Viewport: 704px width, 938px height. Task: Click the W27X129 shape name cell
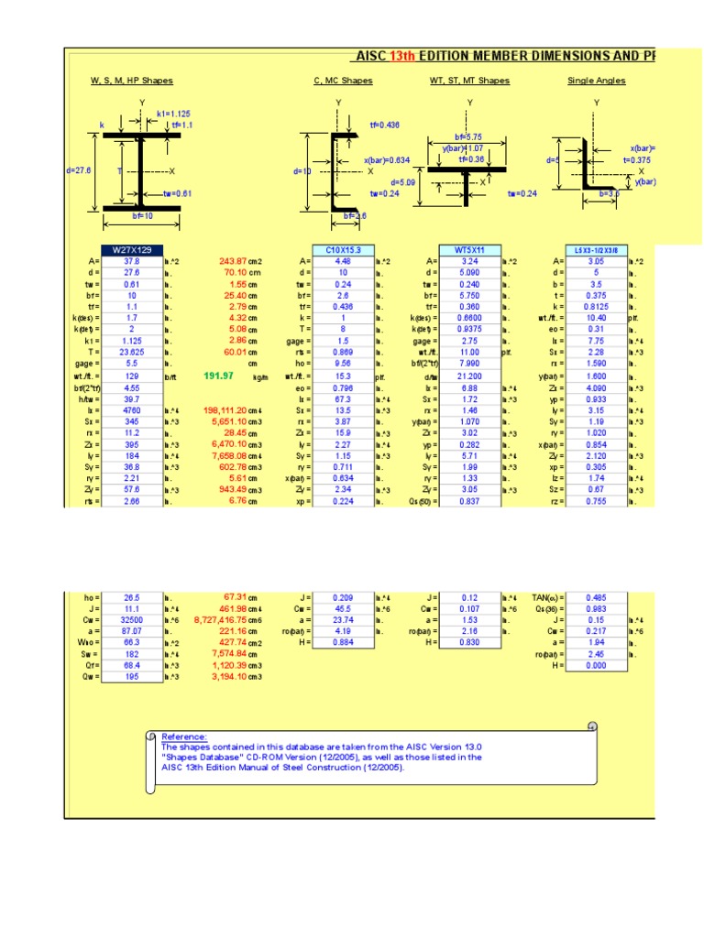[132, 249]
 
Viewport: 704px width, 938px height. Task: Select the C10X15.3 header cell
[344, 249]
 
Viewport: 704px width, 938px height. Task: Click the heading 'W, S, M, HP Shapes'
[131, 81]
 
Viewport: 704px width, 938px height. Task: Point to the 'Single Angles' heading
[597, 81]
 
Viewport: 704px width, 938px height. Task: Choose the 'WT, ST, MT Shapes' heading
[469, 81]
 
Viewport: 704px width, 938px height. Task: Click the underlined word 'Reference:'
[184, 736]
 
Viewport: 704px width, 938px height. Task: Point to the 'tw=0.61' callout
[178, 193]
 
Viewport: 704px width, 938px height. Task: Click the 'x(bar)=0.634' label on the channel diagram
[385, 160]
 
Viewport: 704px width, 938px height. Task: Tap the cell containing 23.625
[132, 351]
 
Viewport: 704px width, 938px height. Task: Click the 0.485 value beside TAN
[597, 596]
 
